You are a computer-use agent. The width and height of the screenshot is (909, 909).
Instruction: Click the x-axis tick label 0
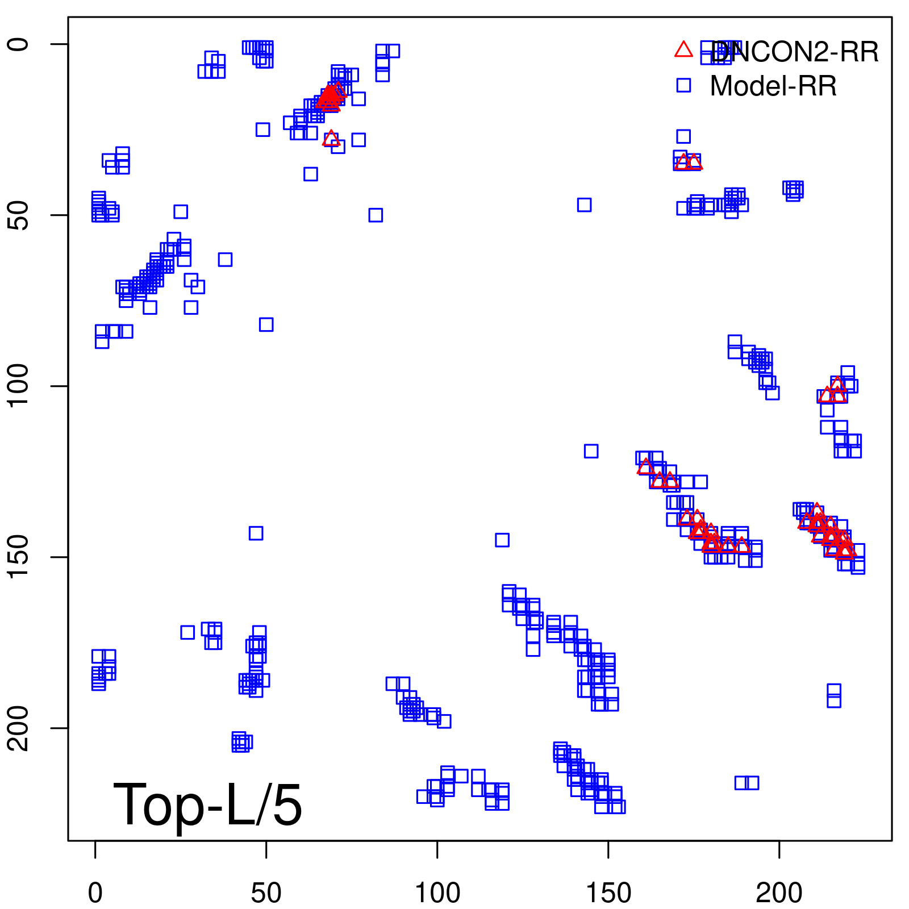[x=95, y=893]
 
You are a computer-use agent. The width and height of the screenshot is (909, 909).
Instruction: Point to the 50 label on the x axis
[x=266, y=893]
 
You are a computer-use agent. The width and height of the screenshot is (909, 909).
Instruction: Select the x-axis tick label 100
[x=437, y=893]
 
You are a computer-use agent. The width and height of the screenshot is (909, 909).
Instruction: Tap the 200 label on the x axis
[x=779, y=893]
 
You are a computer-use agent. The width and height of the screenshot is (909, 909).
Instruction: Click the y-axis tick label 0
[x=18, y=44]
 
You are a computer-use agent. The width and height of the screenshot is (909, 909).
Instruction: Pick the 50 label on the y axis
[x=18, y=215]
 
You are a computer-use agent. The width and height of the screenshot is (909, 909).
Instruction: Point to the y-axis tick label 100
[x=18, y=386]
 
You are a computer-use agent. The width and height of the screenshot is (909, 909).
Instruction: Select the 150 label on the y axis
[x=18, y=557]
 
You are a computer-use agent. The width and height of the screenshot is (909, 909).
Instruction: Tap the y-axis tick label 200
[x=18, y=728]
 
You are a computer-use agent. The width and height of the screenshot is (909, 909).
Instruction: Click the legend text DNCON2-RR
[x=794, y=52]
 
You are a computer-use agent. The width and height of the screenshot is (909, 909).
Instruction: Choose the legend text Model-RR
[x=773, y=86]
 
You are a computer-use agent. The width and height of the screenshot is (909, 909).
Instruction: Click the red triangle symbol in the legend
[x=683, y=50]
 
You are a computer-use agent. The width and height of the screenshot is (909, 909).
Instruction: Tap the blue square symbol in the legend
[x=683, y=85]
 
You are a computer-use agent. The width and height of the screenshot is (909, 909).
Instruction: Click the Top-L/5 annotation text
[x=207, y=804]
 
